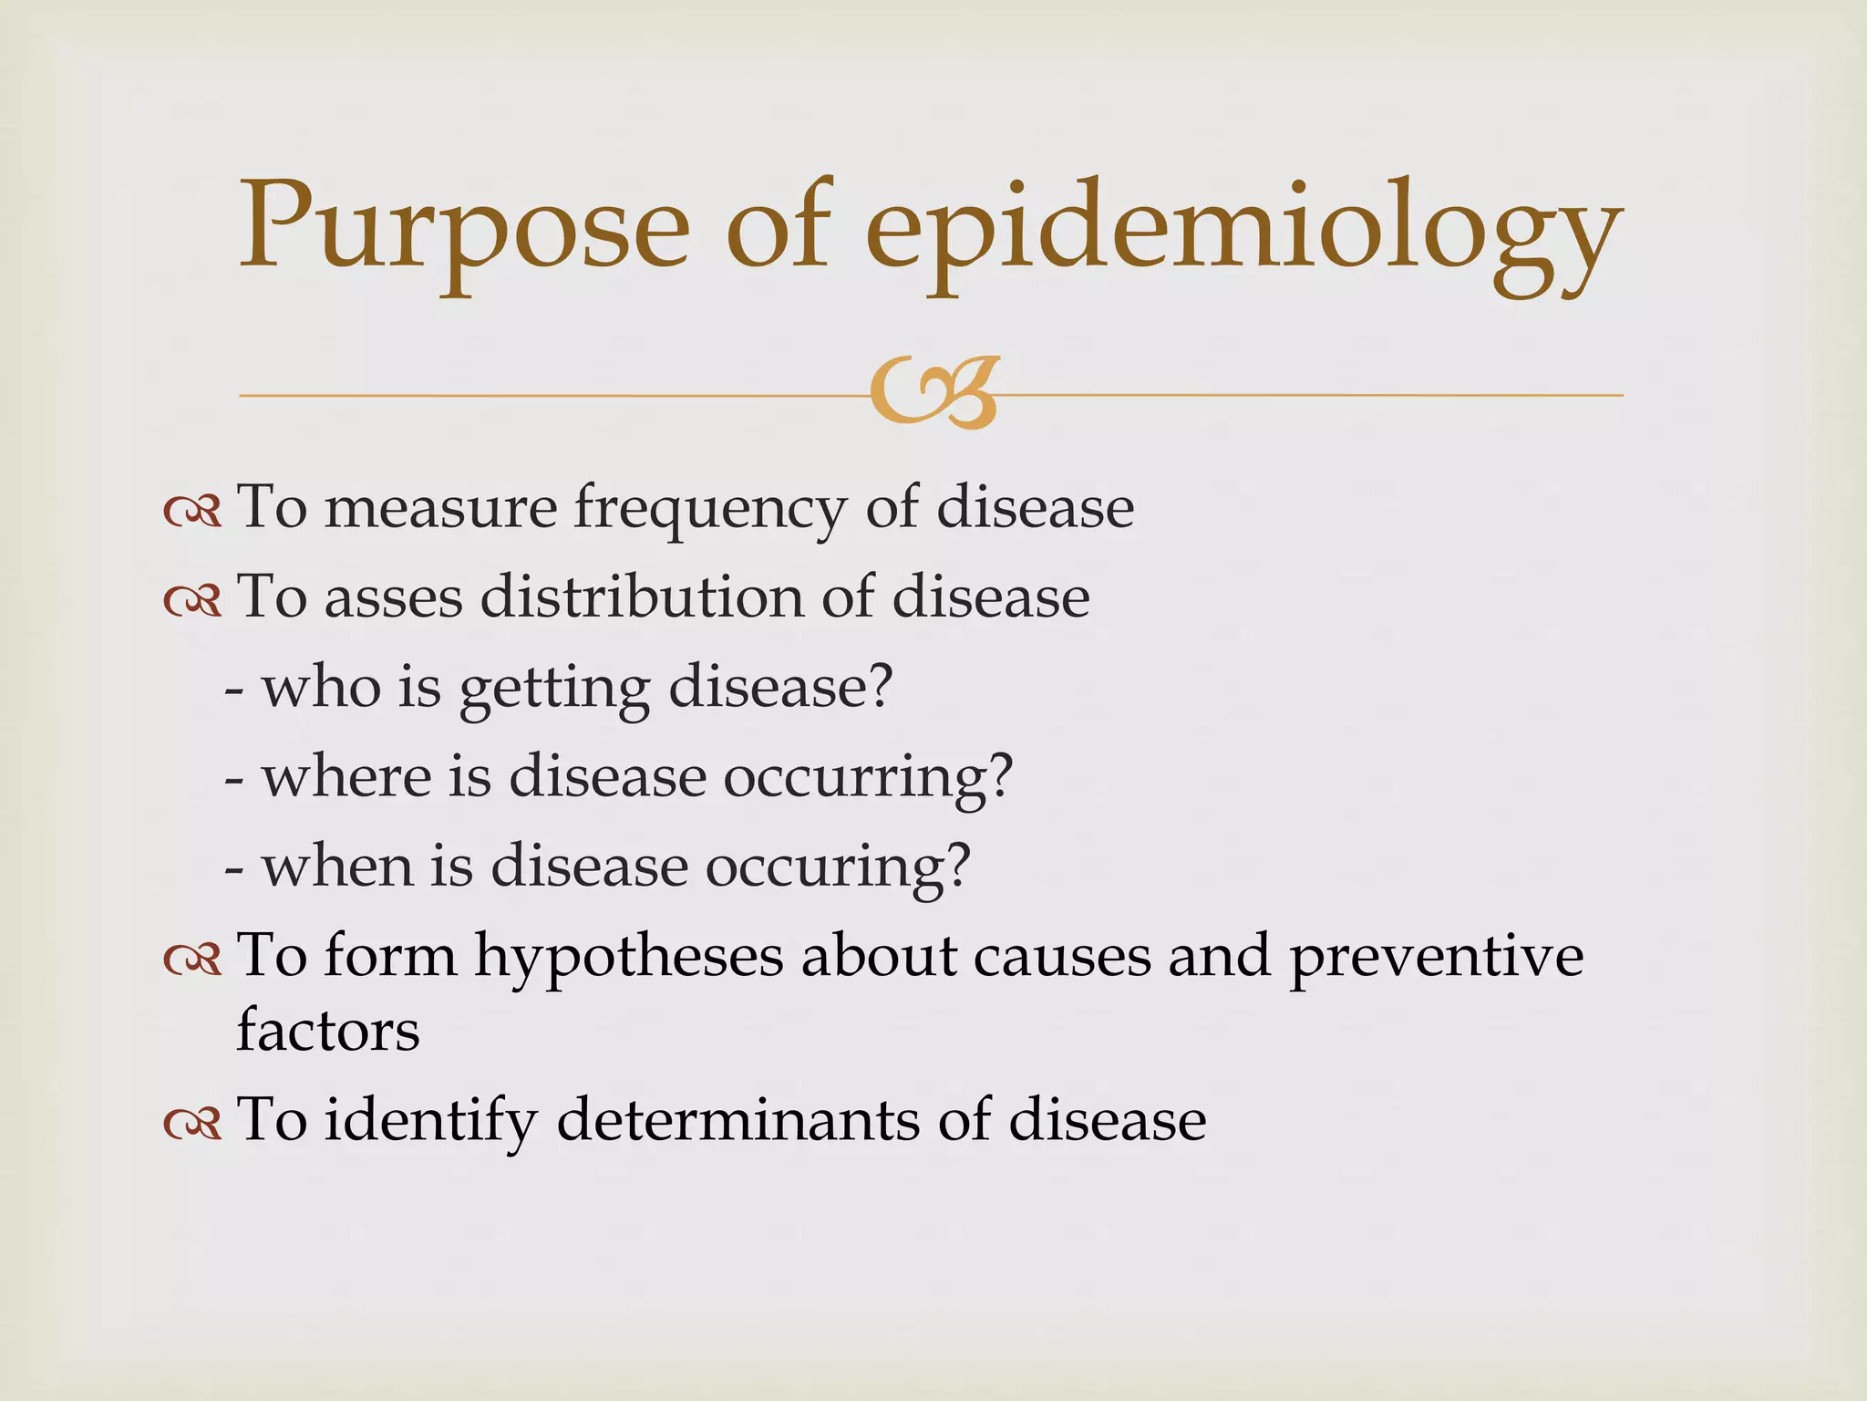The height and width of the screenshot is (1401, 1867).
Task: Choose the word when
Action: coord(338,866)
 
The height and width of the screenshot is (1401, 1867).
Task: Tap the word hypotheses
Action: coord(629,959)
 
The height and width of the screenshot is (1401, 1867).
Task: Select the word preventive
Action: coord(1436,959)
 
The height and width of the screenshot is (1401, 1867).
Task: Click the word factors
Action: coord(328,1031)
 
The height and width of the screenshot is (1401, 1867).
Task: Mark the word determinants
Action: coord(738,1119)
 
